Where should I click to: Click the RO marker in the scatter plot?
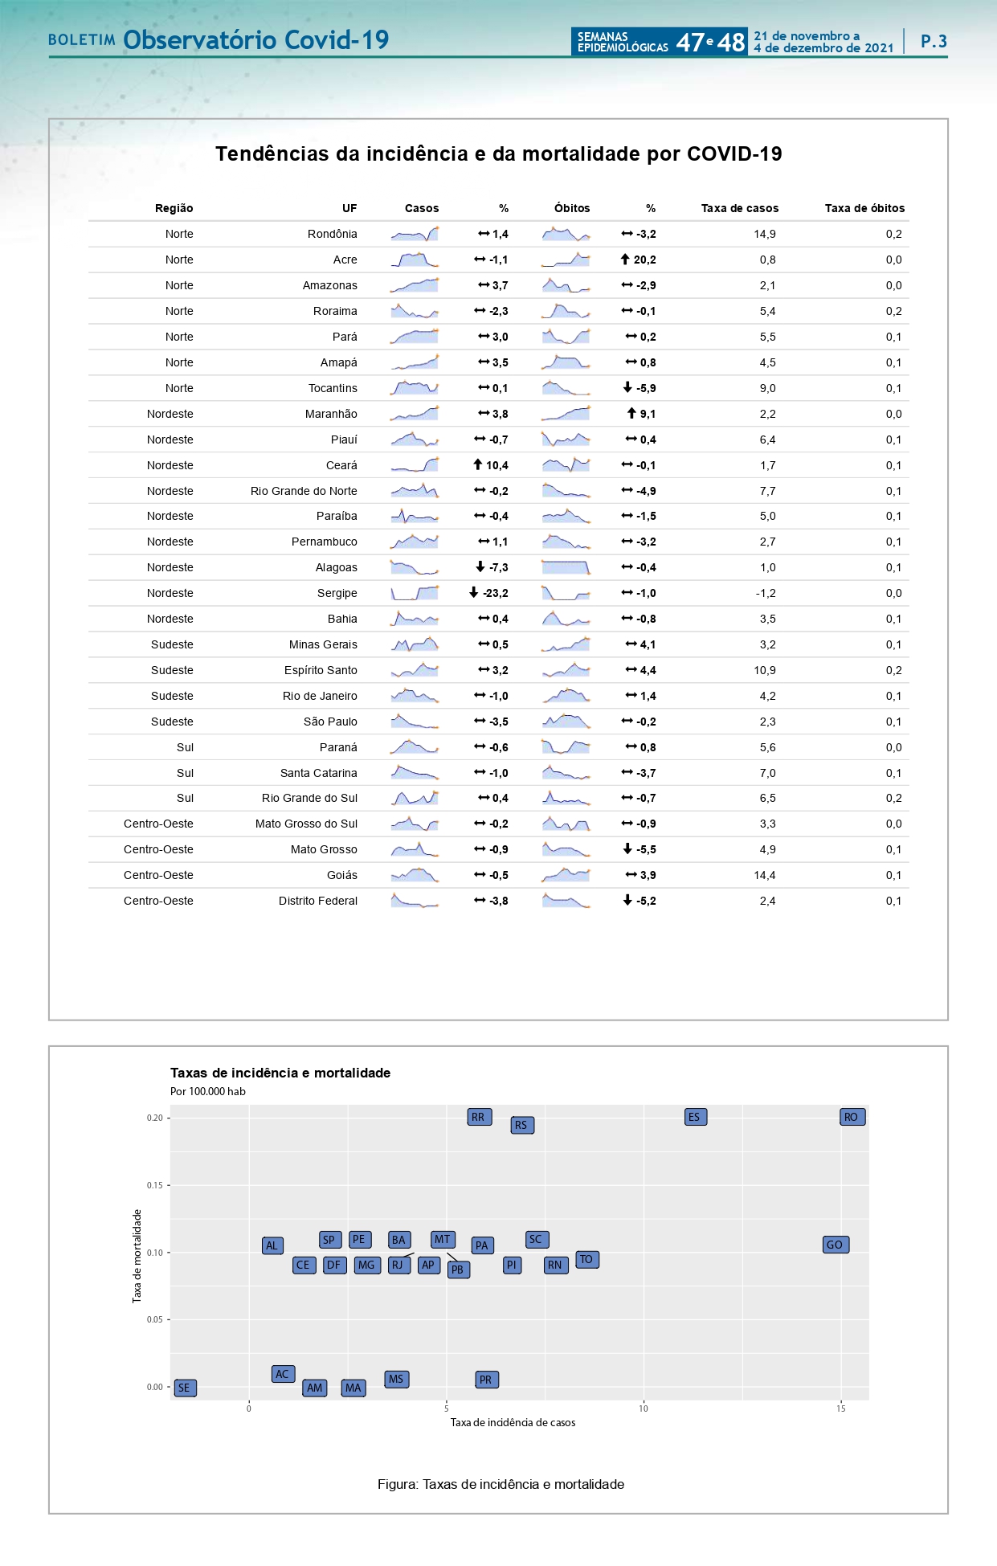coord(852,1117)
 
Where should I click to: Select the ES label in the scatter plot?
coord(695,1117)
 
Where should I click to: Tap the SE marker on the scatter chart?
coord(185,1388)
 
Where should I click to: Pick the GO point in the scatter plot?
coord(836,1245)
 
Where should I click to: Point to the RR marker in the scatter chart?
coord(479,1117)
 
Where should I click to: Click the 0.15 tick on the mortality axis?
coord(155,1185)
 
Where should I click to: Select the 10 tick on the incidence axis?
coord(644,1408)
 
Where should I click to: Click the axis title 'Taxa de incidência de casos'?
coord(513,1422)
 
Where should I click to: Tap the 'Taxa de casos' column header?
coord(739,208)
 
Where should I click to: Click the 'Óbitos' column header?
coord(572,208)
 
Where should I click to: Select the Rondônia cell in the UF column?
coord(332,234)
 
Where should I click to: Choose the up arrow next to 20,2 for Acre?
coord(625,260)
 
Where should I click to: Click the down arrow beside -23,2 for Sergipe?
coord(474,593)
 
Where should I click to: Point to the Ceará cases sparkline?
coord(415,465)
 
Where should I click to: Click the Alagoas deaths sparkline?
coord(566,567)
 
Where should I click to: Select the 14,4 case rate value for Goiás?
coord(764,875)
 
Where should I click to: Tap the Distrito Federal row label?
coord(317,901)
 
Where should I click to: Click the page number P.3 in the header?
coord(934,41)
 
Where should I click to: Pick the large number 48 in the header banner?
coord(730,42)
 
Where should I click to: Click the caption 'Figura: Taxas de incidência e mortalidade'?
coord(501,1484)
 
